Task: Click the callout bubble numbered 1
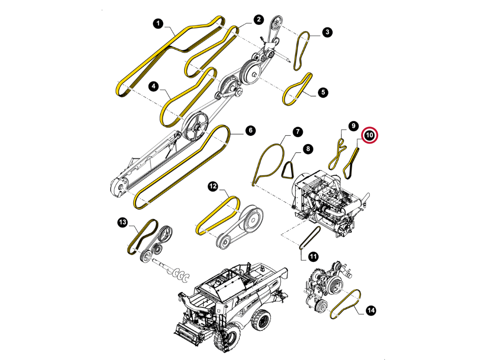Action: (x=158, y=23)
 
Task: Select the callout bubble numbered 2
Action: (x=258, y=20)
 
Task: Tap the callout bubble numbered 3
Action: (x=327, y=32)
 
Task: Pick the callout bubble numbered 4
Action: (x=154, y=86)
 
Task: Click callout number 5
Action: (x=323, y=92)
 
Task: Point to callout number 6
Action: (x=251, y=130)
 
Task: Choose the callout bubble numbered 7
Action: (x=297, y=131)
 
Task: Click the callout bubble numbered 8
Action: (x=308, y=148)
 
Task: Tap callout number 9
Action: (x=353, y=126)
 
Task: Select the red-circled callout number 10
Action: (x=369, y=135)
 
